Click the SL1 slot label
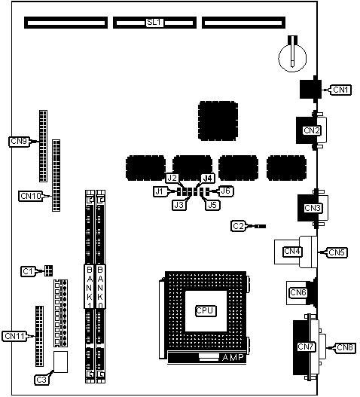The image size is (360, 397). pos(154,23)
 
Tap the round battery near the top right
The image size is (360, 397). pos(292,57)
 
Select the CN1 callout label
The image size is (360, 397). pos(340,90)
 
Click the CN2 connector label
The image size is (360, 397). pos(312,130)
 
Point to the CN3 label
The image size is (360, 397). pos(313,208)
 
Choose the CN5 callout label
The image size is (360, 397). pos(337,252)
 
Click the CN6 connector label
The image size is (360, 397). pos(298,292)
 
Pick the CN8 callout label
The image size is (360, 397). pos(345,347)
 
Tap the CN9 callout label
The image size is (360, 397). pos(20,142)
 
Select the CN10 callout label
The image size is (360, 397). pos(31,196)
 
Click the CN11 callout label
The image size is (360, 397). pos(14,336)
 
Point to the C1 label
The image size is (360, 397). pos(28,271)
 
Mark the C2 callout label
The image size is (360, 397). pos(238,226)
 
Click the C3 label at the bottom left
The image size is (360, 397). pos(41,380)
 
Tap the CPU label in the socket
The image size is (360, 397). pos(206,311)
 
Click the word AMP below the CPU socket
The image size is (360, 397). pos(233,358)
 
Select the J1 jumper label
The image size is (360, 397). pos(159,191)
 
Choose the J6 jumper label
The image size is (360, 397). pos(226,191)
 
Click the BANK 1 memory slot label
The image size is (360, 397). pos(89,286)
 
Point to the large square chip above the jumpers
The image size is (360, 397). pos(218,121)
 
